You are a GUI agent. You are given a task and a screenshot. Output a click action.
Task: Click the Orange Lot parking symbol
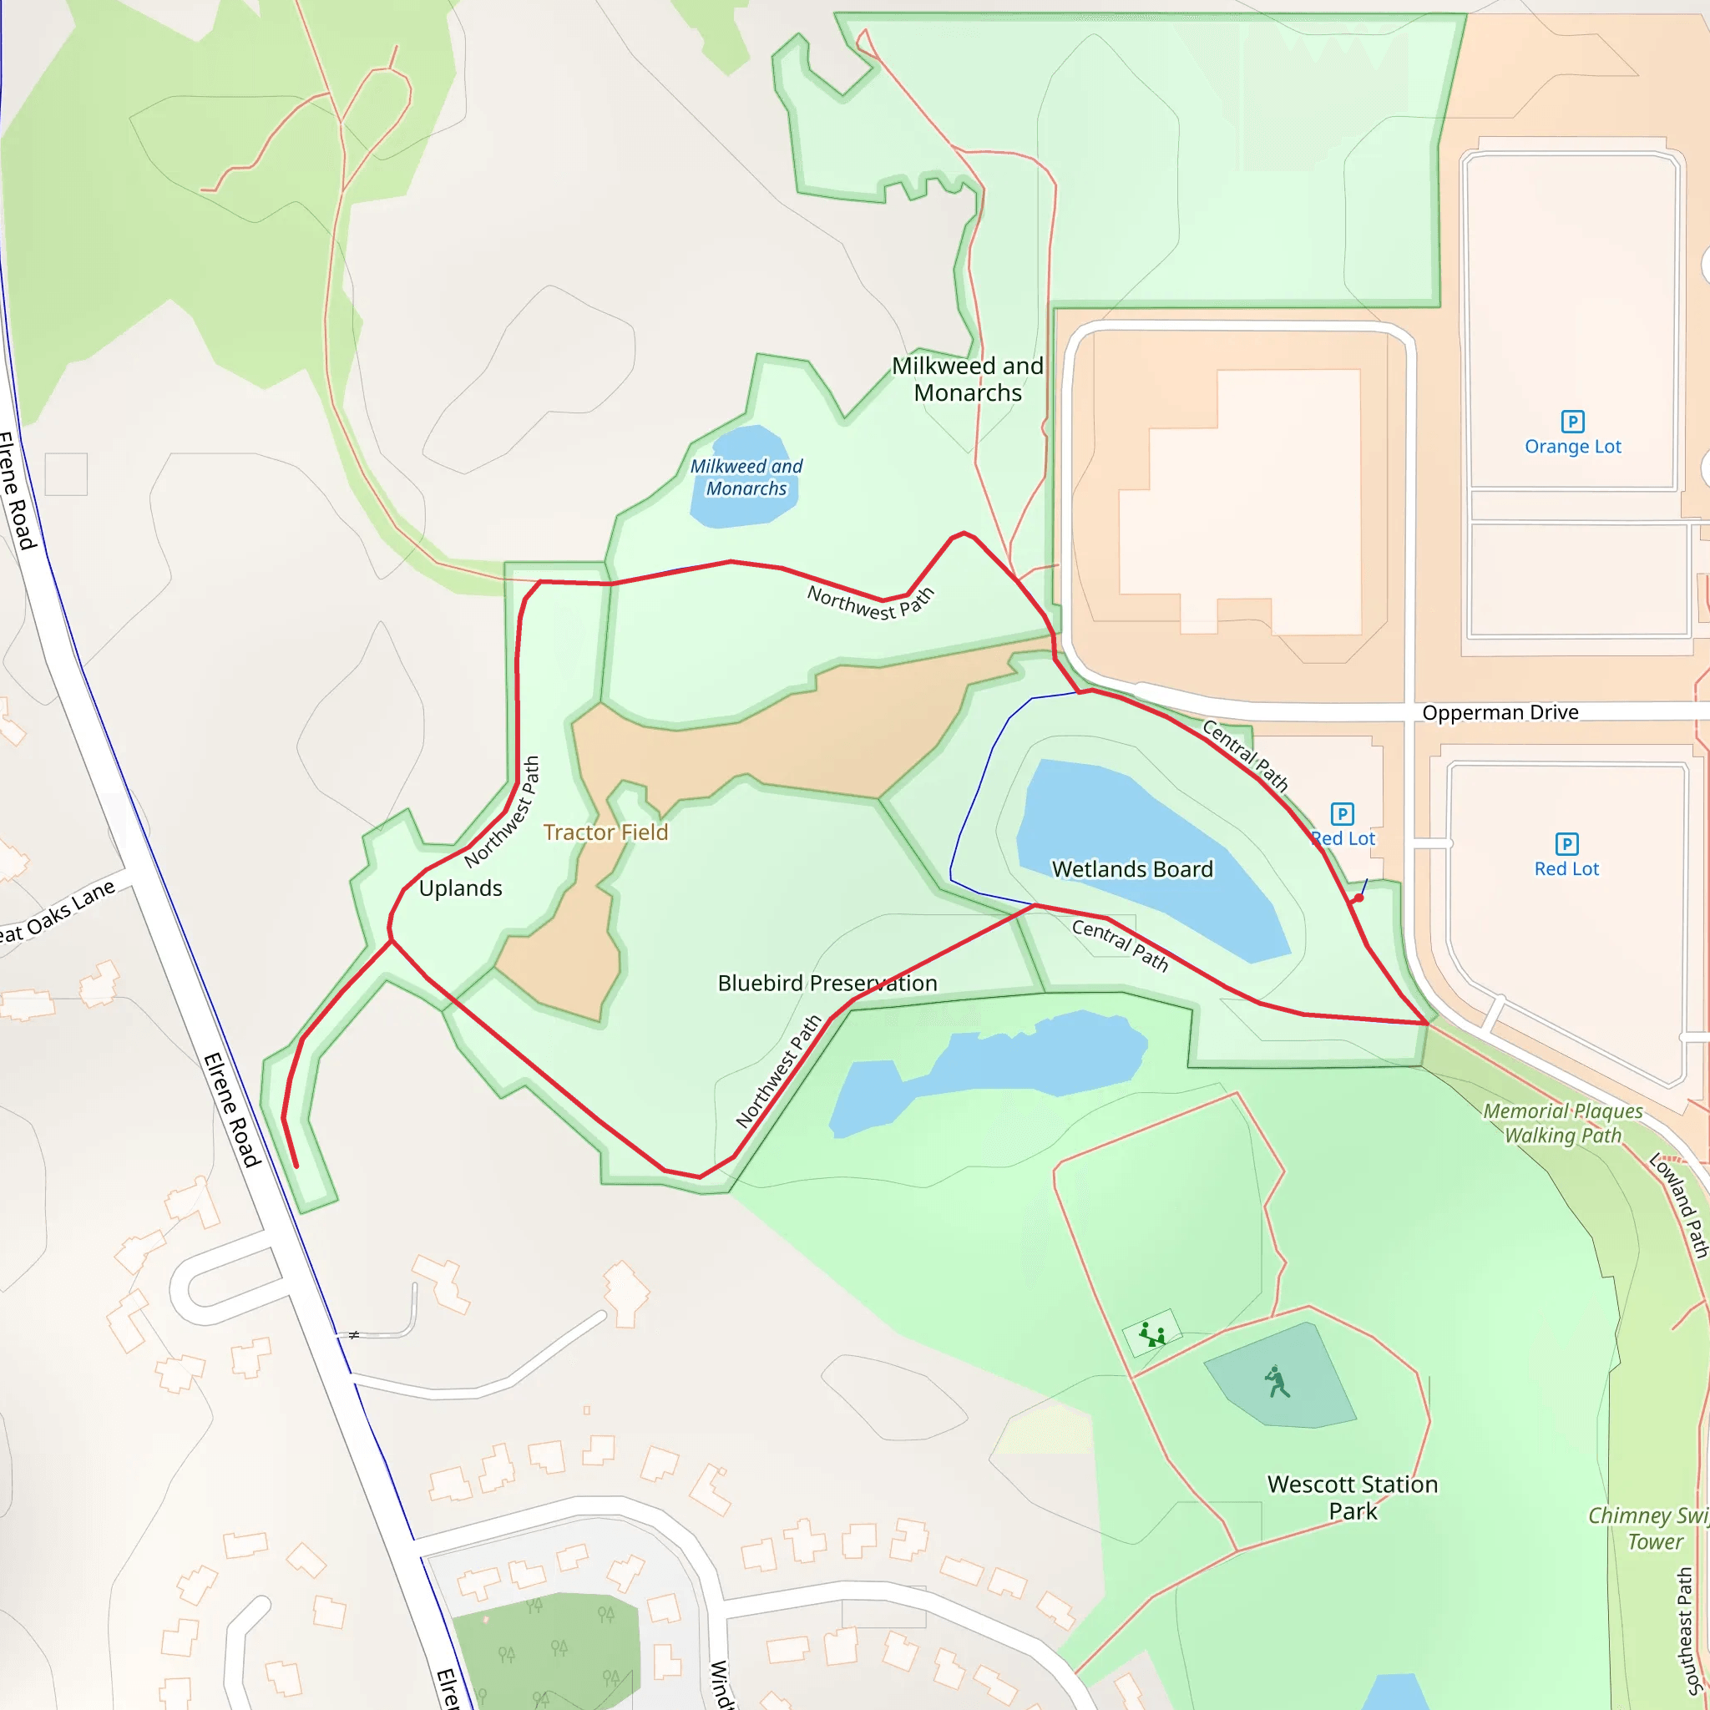pos(1572,422)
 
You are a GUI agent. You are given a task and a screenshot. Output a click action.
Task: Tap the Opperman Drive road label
pos(1500,712)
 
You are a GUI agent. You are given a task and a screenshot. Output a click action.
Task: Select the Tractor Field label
pos(605,832)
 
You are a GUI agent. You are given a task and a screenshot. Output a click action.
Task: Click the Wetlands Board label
pos(1132,869)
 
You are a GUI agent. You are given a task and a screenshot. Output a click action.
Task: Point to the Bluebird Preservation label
pos(827,984)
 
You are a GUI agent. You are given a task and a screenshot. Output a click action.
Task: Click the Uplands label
pos(460,888)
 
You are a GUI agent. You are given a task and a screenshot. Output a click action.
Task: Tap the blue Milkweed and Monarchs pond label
pos(746,477)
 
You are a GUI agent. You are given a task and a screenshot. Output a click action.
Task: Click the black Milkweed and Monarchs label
pos(968,379)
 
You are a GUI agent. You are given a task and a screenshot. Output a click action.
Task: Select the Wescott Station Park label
pos(1353,1497)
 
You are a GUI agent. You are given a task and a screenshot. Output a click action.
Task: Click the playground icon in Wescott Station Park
pos(1151,1333)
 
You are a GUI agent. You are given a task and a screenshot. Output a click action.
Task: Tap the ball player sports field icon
pos(1277,1381)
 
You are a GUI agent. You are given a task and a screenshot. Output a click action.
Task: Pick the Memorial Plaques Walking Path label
pos(1563,1122)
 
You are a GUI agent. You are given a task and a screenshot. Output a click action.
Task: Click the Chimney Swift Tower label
pos(1649,1528)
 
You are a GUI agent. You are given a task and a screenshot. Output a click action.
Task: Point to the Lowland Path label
pos(1679,1205)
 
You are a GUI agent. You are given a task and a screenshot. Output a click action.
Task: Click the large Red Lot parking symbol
pos(1566,843)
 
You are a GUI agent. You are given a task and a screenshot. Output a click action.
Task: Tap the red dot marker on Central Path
pos(1358,898)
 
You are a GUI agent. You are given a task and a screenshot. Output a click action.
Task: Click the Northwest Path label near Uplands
pos(502,812)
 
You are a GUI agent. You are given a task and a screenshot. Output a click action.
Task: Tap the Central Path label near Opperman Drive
pos(1244,755)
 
